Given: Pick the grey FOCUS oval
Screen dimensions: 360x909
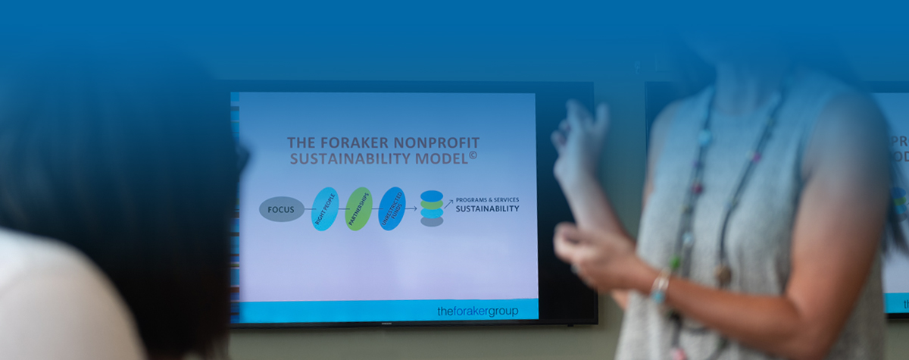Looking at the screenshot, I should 281,209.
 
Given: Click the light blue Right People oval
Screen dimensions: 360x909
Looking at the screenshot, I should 325,209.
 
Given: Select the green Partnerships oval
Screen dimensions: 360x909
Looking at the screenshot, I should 358,209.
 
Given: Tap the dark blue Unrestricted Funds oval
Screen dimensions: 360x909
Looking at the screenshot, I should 392,209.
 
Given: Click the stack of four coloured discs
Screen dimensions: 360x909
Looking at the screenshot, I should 432,208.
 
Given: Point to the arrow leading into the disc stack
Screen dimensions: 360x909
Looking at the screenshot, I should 411,209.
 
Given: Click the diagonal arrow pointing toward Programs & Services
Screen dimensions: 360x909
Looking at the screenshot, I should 448,203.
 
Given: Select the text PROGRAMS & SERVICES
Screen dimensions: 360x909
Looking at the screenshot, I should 487,199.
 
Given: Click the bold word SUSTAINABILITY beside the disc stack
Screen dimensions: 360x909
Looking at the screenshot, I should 487,208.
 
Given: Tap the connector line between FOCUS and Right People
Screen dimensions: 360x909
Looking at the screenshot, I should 308,209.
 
